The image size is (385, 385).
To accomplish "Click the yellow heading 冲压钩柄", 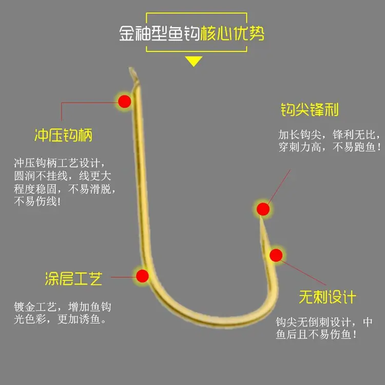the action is point(63,135).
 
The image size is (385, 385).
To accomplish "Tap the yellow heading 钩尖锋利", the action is point(310,109).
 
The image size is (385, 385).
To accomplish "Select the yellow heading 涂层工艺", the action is point(73,279).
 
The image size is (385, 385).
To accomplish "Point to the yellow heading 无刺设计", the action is point(328,297).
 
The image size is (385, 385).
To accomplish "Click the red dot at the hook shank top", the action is point(125,102).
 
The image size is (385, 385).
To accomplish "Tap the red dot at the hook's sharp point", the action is point(263,209).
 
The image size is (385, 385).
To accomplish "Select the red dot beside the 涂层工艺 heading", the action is point(142,276).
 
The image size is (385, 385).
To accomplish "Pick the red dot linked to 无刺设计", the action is point(276,255).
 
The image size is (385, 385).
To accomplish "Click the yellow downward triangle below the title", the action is point(194,61).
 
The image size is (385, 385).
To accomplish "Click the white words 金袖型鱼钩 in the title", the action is point(159,33).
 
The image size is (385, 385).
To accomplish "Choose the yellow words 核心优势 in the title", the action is point(232,33).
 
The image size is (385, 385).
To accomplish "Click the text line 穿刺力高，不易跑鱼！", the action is point(330,147).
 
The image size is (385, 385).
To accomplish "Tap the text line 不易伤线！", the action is point(37,202).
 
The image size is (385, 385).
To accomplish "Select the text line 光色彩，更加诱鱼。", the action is point(60,319).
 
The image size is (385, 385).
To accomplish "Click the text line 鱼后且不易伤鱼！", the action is point(316,334).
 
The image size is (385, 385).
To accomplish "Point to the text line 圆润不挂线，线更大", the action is point(63,176).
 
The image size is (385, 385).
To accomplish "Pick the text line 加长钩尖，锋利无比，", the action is point(329,134).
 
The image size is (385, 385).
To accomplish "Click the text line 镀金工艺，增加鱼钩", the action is point(63,306).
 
